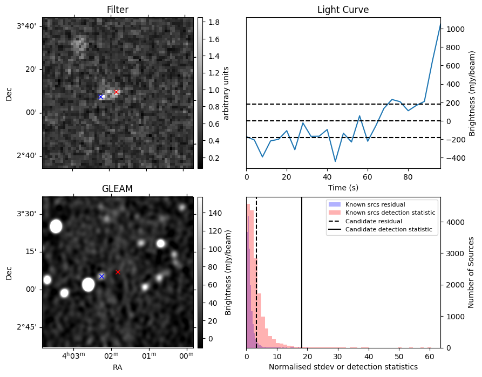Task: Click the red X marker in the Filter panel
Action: [x=116, y=92]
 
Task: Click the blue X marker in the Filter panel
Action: [x=100, y=97]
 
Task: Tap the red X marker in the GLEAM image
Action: [x=118, y=272]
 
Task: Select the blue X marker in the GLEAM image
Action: [x=102, y=276]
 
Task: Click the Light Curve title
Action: [x=343, y=10]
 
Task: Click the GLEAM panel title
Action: [x=118, y=188]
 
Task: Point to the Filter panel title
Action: [x=118, y=10]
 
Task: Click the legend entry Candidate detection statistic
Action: [x=389, y=229]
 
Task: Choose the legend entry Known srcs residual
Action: [x=375, y=204]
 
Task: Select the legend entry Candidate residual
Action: [x=374, y=221]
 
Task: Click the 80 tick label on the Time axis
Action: [x=408, y=177]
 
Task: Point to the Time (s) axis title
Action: [x=343, y=188]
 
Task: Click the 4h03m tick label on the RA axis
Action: [x=73, y=355]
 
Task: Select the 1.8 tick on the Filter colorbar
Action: [x=214, y=22]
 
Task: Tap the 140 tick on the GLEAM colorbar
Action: [x=215, y=213]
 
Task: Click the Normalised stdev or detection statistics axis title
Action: [x=343, y=367]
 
